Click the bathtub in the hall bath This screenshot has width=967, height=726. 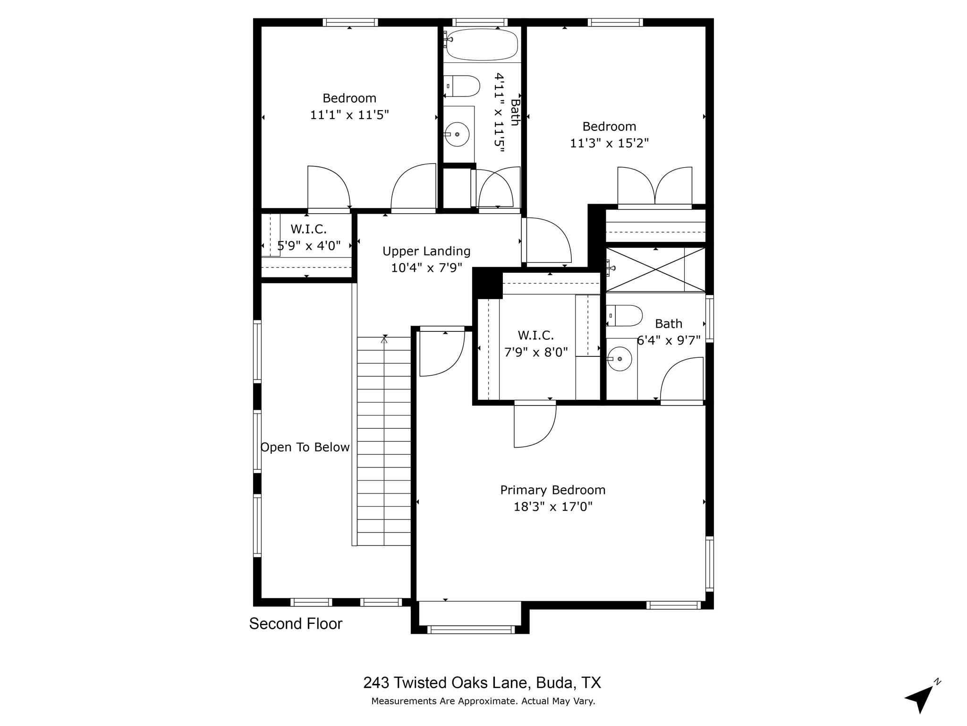pos(482,45)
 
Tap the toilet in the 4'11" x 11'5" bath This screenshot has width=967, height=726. pos(463,86)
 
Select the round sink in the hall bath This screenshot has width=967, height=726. pos(457,134)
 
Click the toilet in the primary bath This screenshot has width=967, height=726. pos(626,316)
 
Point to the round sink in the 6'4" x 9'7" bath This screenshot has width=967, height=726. pos(619,359)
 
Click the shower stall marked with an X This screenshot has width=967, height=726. pos(655,269)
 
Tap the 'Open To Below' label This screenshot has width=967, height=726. pos(305,447)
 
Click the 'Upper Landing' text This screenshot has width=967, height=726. pos(426,251)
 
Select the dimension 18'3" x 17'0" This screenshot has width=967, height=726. pos(553,507)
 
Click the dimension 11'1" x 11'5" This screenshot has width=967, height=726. pos(349,115)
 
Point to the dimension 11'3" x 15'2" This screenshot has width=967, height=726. pos(609,143)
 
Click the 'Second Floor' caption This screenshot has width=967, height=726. pos(296,624)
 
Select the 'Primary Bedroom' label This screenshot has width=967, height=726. pos(553,490)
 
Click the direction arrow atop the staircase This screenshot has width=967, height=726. pos(384,339)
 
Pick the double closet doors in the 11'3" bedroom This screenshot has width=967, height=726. pos(655,187)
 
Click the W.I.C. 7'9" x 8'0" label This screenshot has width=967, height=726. pos(536,344)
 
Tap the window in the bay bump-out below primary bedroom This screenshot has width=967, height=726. pos(470,630)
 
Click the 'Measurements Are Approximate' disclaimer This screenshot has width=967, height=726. pos(483,701)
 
